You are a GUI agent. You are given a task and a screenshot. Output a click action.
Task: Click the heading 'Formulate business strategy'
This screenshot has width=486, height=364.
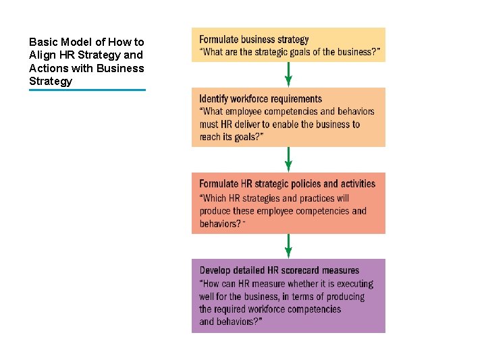[254, 40]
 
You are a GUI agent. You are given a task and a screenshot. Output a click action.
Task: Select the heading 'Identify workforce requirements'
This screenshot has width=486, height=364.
[261, 99]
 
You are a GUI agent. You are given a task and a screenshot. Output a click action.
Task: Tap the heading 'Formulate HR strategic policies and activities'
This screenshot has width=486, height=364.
[287, 183]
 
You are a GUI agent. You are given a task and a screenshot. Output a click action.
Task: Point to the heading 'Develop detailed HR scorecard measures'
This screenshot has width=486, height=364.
[279, 270]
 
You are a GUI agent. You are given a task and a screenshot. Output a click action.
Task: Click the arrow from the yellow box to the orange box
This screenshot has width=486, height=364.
[288, 74]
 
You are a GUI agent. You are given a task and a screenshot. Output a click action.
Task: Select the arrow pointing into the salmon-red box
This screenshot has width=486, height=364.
[288, 160]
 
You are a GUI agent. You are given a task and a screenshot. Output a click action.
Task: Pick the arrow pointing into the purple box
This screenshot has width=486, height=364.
[288, 246]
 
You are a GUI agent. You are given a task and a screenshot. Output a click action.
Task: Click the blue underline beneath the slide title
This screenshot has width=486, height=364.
[87, 90]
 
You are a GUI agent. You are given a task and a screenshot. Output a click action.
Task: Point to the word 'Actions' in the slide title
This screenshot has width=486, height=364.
[49, 68]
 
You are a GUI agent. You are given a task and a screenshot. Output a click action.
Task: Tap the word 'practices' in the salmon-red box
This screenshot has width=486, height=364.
[317, 198]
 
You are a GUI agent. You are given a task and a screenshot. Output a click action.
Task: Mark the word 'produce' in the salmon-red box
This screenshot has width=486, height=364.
[216, 211]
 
